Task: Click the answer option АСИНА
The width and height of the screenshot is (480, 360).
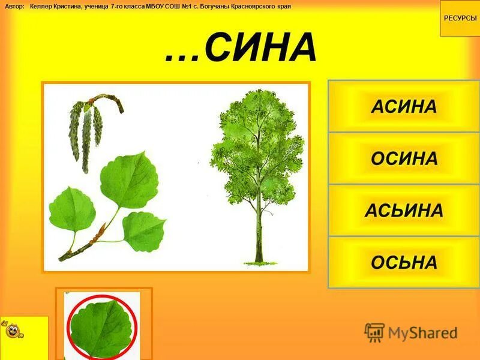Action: pos(404,107)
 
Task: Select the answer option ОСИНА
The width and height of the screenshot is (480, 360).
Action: pos(404,159)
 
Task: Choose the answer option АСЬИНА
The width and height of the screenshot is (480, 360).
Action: pos(404,211)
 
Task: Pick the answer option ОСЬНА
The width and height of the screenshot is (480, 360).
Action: pos(404,262)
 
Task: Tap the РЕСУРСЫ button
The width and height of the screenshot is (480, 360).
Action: pos(460,18)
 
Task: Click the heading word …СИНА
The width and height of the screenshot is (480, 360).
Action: pos(241,48)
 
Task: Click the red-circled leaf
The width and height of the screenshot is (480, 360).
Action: pos(102,326)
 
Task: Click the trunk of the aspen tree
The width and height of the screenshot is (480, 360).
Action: pos(259,228)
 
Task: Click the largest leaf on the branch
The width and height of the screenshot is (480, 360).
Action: pos(127,180)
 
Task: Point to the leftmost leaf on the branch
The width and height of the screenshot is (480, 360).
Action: pos(71,210)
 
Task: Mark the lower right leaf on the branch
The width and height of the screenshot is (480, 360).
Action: pos(144,232)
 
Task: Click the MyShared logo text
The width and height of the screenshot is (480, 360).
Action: pos(423,332)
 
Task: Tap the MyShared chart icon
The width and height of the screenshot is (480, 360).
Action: pos(375,332)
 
